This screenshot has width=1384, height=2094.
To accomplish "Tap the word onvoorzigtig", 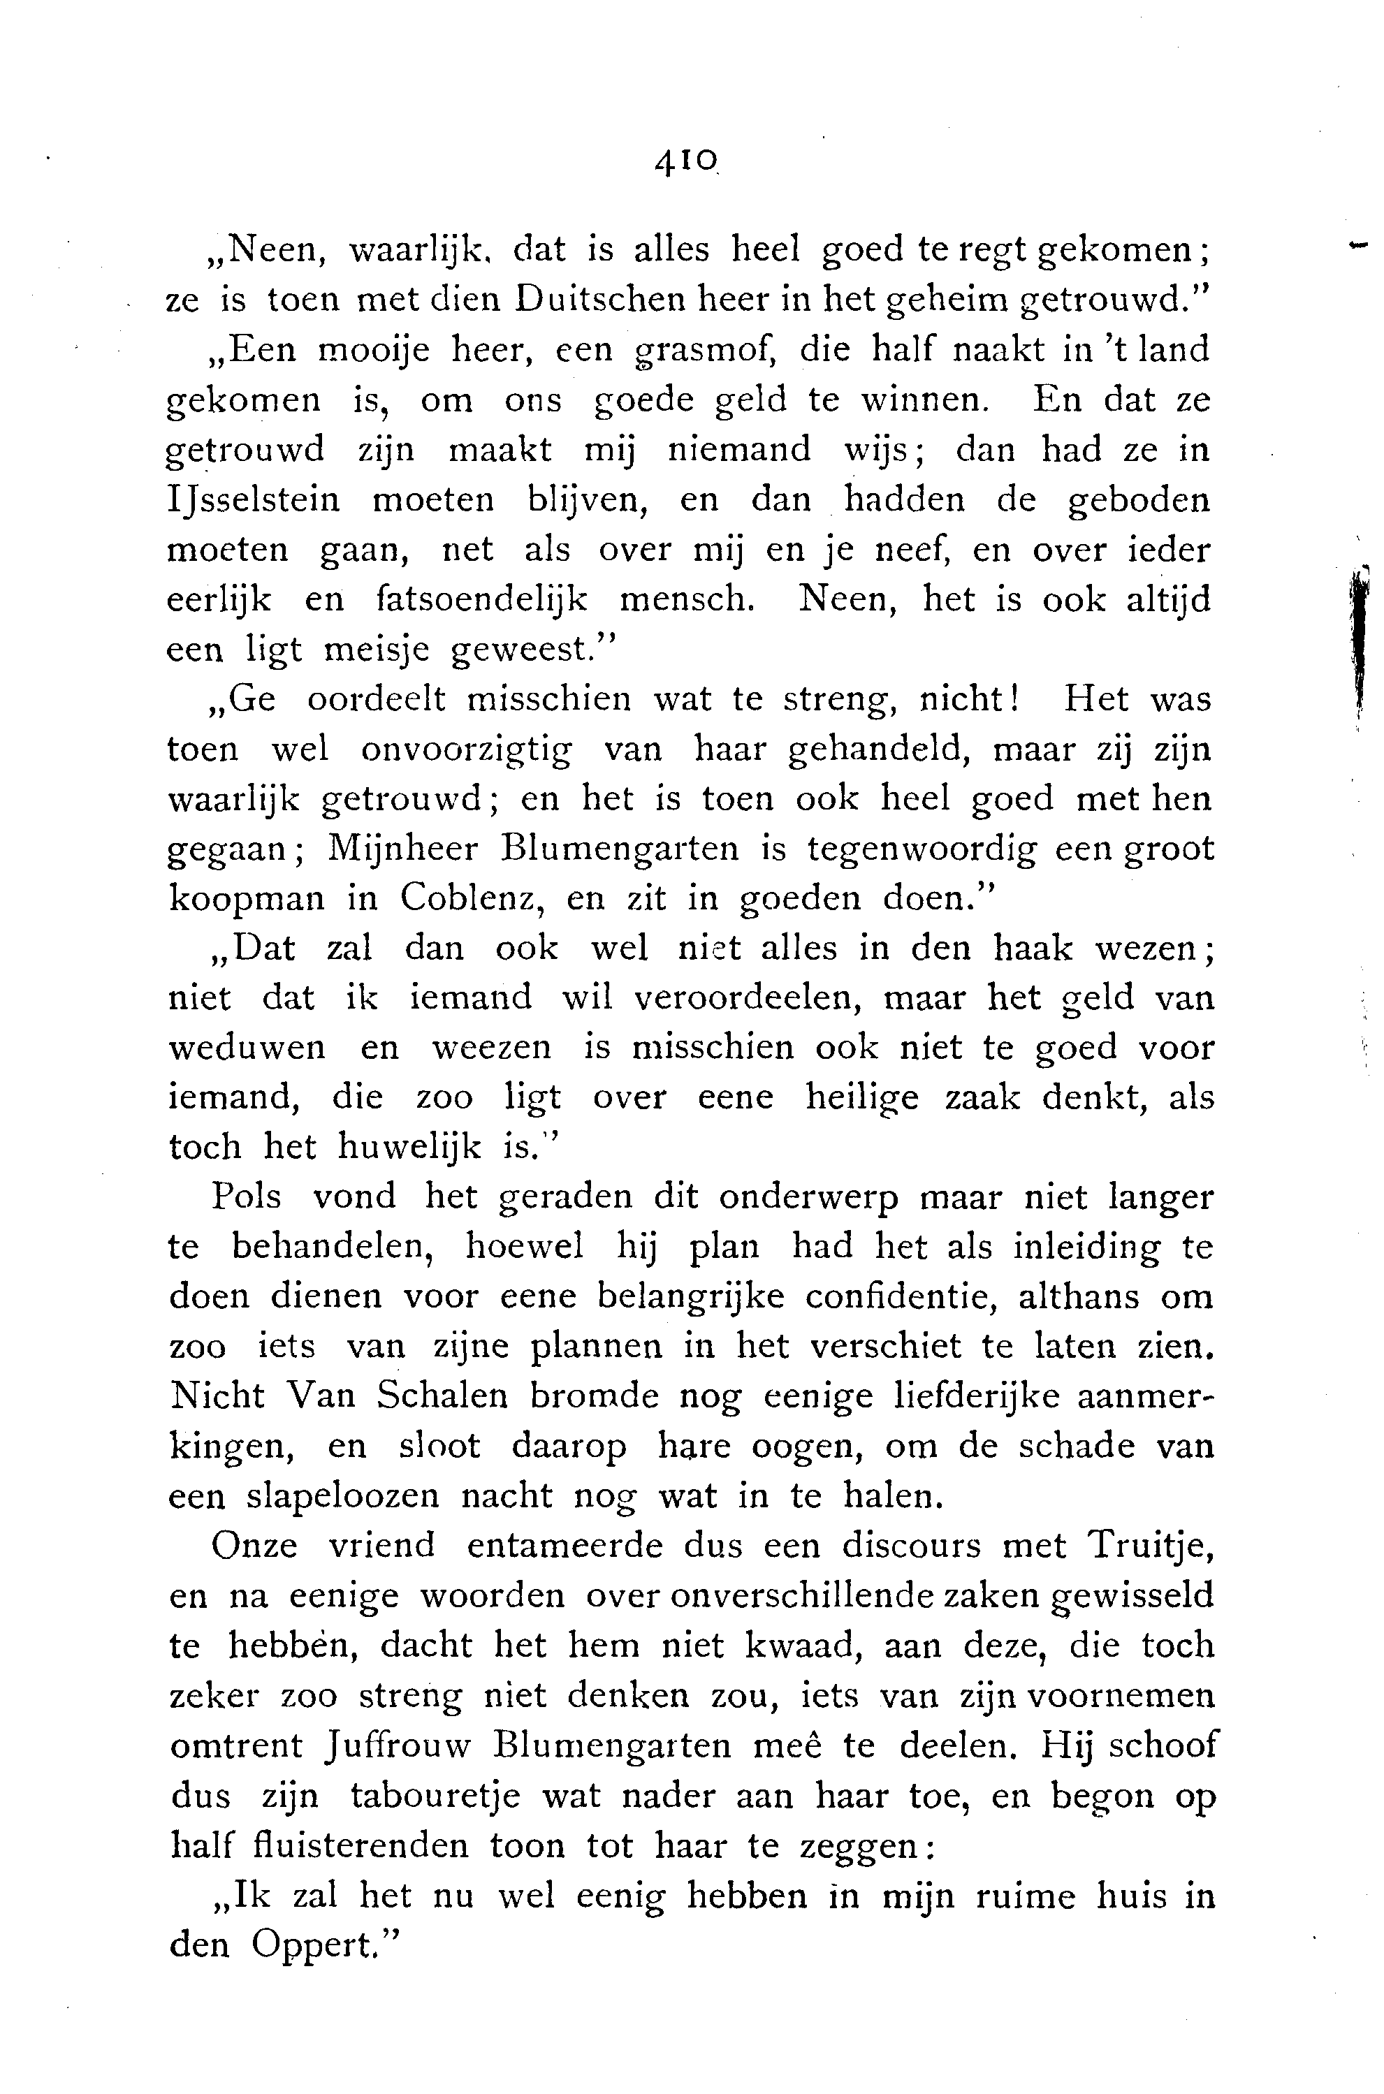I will pos(465,750).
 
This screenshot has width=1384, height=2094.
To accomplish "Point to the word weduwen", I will pos(246,1048).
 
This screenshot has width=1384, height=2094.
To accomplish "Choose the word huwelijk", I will pos(410,1147).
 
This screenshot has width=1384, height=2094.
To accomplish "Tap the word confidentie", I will pos(905,1297).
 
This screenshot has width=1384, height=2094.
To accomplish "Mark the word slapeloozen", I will pos(342,1495).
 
